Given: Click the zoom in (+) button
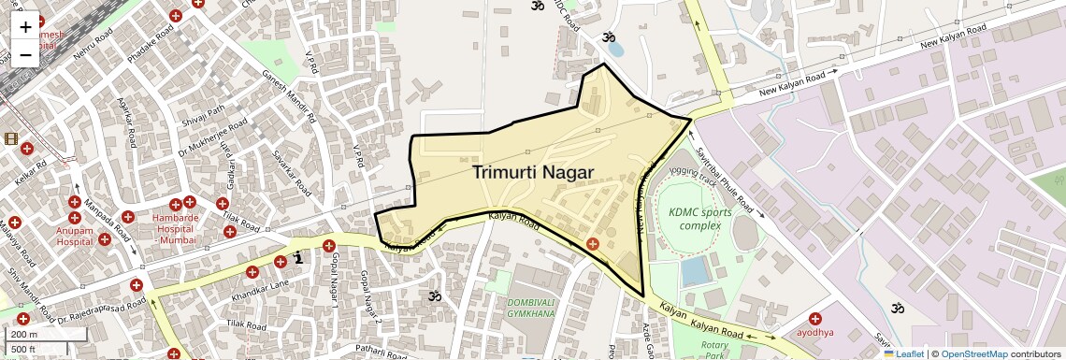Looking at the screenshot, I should coord(25,28).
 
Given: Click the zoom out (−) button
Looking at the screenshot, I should coord(25,54).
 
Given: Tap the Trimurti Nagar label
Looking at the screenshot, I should coord(533,172).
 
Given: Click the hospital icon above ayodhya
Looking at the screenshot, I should coord(815,318).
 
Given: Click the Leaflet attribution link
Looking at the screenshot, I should coord(904,354).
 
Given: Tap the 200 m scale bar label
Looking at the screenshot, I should coord(24,335).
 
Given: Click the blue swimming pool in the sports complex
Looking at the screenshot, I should coord(695,271).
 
